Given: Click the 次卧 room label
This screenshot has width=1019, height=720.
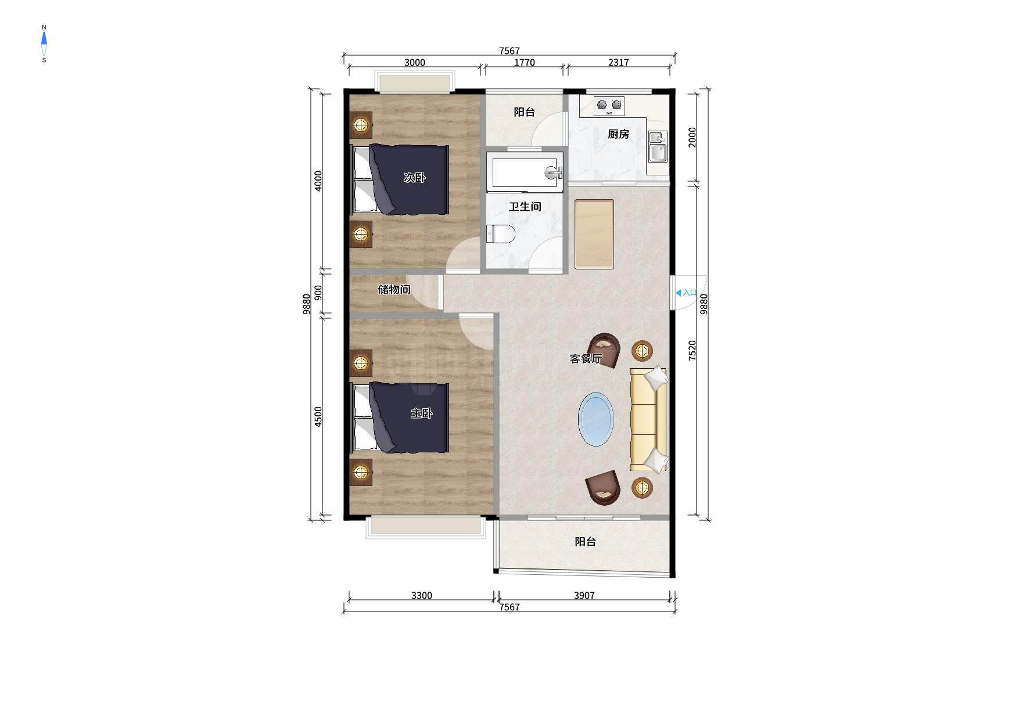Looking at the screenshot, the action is click(x=414, y=178).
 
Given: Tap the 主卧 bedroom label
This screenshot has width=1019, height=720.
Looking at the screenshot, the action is click(x=421, y=413).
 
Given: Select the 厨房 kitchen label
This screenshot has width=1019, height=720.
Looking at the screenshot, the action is click(x=618, y=134).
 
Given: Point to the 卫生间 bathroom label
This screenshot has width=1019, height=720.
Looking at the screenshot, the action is click(x=525, y=206).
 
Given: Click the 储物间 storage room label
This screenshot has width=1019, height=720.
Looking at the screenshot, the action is click(x=394, y=289).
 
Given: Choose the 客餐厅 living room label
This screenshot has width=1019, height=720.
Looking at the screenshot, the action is click(x=586, y=358).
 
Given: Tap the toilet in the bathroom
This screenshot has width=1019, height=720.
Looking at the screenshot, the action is click(x=501, y=234).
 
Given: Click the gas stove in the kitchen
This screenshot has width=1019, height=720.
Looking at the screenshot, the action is click(x=609, y=105).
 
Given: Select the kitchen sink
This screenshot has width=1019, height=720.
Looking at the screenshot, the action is click(x=658, y=146).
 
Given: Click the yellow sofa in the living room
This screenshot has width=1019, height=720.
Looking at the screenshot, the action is click(x=648, y=419).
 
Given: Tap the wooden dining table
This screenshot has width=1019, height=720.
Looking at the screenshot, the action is click(x=594, y=235).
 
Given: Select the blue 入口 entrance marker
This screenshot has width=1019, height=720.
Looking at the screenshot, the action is click(x=686, y=293).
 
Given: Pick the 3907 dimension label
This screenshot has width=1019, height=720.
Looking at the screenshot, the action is click(x=584, y=595).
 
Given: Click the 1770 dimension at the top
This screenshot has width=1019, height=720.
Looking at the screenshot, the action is click(x=524, y=63).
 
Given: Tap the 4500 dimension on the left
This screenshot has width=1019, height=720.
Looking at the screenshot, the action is click(x=318, y=417).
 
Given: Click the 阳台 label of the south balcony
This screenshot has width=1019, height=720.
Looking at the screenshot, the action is click(x=586, y=542).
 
